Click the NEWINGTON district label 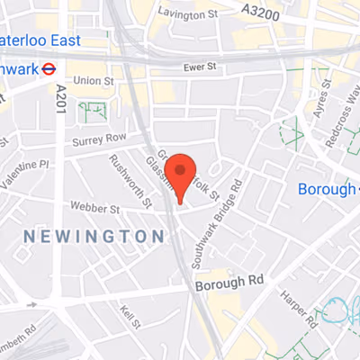[x=94, y=236]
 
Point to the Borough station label [x=326, y=189]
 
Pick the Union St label [x=94, y=81]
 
